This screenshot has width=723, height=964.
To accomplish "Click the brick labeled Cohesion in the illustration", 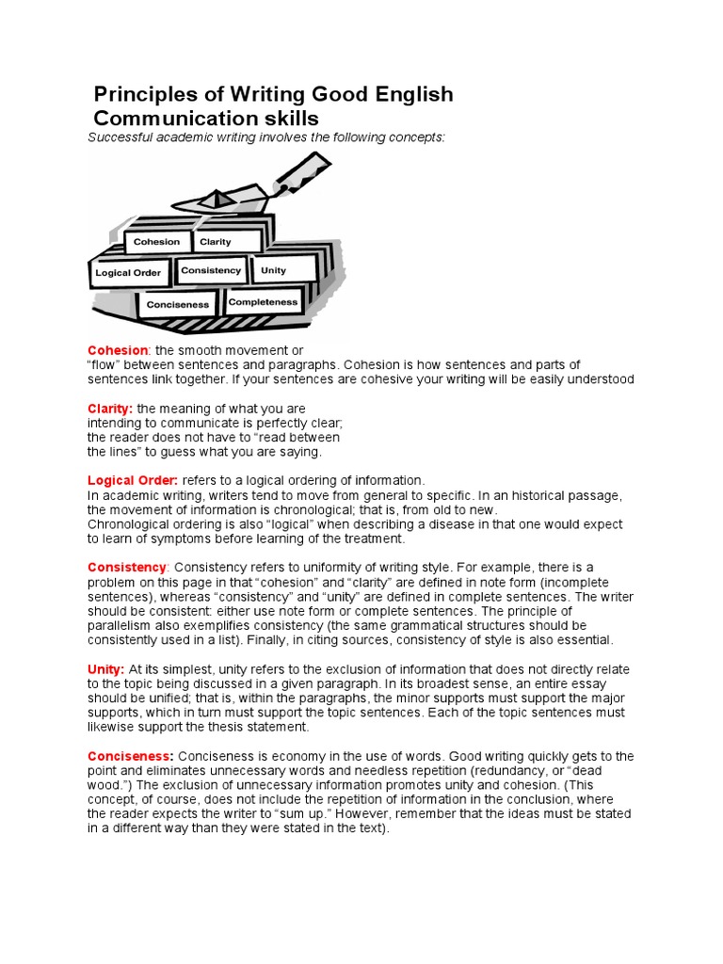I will point(156,242).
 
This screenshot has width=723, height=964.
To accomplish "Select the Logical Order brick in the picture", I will point(128,274).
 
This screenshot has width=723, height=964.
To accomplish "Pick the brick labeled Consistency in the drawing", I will point(211,270).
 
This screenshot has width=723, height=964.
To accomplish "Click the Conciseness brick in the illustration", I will point(178,305).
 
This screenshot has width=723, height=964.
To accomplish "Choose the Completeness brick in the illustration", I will point(263,302).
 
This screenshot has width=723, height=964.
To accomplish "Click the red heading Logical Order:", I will point(133,480).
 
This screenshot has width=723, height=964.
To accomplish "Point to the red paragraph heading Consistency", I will point(127,568).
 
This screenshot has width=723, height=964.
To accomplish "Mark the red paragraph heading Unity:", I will point(106,668).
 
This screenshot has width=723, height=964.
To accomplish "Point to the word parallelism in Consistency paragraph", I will point(124,625).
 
